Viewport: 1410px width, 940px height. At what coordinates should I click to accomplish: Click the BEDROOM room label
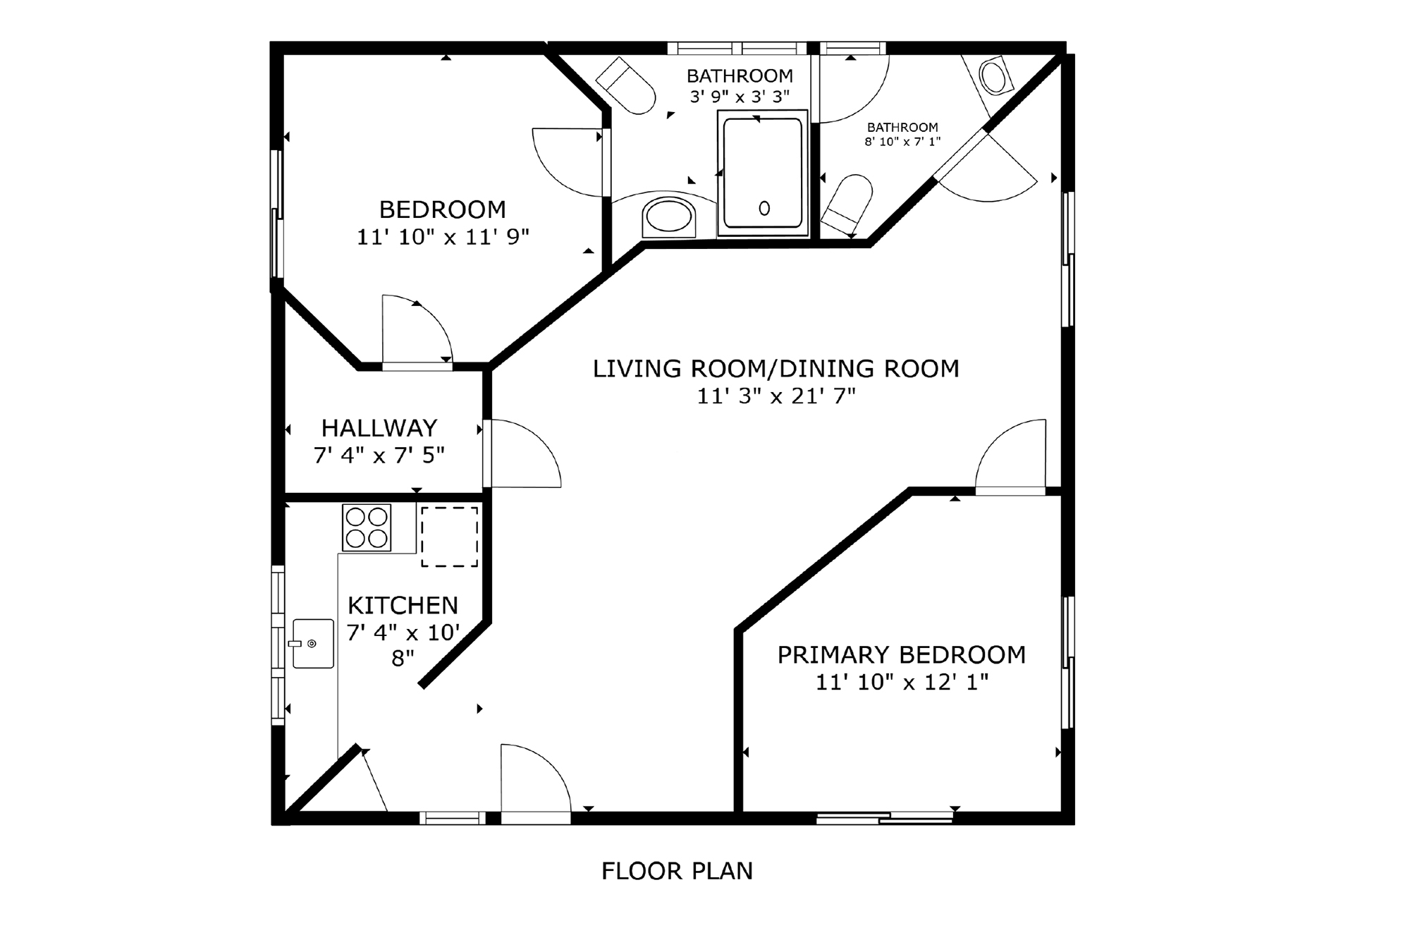point(442,209)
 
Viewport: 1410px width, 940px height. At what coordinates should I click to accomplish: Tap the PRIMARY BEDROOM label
point(901,654)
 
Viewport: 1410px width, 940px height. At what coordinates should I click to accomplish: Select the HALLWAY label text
point(379,428)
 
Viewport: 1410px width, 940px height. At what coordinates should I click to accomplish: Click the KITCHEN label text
point(403,605)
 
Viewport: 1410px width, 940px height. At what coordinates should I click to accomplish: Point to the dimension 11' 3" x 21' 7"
point(776,396)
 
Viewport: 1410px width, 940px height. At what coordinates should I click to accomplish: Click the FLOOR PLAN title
point(677,871)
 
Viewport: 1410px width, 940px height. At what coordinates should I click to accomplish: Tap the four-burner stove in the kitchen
point(367,527)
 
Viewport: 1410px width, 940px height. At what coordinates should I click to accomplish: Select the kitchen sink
point(313,643)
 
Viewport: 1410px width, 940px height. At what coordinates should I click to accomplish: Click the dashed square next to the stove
point(449,536)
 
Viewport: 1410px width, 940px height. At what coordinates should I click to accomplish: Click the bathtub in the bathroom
point(763,173)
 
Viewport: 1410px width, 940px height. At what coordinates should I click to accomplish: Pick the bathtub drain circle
point(764,208)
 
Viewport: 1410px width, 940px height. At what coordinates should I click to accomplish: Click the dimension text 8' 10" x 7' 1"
point(902,142)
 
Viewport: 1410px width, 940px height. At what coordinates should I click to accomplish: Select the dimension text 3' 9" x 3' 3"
point(740,97)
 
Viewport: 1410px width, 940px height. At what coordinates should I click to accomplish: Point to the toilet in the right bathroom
point(848,202)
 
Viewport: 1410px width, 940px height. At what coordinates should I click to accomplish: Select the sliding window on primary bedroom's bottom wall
point(885,818)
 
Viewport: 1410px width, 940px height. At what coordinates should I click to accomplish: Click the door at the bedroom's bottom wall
point(416,331)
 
